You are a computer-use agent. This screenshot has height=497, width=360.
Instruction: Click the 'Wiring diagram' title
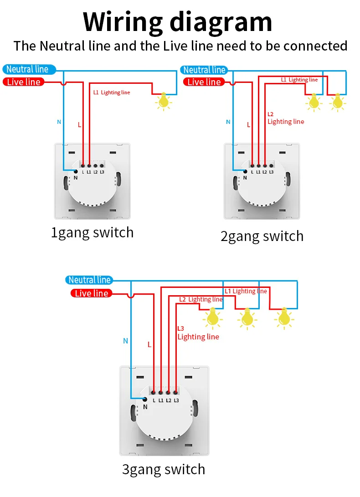[x=178, y=21]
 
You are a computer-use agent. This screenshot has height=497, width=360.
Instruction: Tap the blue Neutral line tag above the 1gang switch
[x=29, y=69]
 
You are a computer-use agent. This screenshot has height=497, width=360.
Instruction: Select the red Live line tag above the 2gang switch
[x=204, y=82]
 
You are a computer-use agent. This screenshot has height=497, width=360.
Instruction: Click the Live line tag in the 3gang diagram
[x=91, y=293]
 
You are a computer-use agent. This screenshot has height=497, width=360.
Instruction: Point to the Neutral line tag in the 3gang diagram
[x=89, y=280]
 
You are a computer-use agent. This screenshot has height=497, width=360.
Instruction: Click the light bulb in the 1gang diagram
[x=163, y=101]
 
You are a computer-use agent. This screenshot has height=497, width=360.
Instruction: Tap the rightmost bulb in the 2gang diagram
[x=337, y=102]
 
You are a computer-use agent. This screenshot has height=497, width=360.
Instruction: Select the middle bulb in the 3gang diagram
[x=247, y=318]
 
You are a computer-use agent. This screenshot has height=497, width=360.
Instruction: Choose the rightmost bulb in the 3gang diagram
[x=284, y=318]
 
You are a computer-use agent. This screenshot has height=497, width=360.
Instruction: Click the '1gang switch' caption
[x=92, y=233]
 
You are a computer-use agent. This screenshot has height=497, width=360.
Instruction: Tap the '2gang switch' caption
[x=262, y=236]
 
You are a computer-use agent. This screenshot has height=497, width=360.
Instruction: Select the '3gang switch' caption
[x=164, y=470]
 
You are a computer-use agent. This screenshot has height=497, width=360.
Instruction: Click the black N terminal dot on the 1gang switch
[x=76, y=172]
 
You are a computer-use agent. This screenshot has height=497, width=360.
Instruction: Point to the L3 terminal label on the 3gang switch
[x=176, y=400]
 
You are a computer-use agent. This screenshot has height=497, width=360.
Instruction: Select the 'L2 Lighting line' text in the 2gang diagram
[x=285, y=118]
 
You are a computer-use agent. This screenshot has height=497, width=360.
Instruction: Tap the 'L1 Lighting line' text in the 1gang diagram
[x=112, y=92]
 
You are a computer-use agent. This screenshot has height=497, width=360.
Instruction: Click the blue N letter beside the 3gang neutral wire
[x=126, y=341]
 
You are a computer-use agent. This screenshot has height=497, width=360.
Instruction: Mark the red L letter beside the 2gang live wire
[x=248, y=124]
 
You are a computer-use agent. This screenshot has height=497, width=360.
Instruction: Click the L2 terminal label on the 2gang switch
[x=265, y=172]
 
